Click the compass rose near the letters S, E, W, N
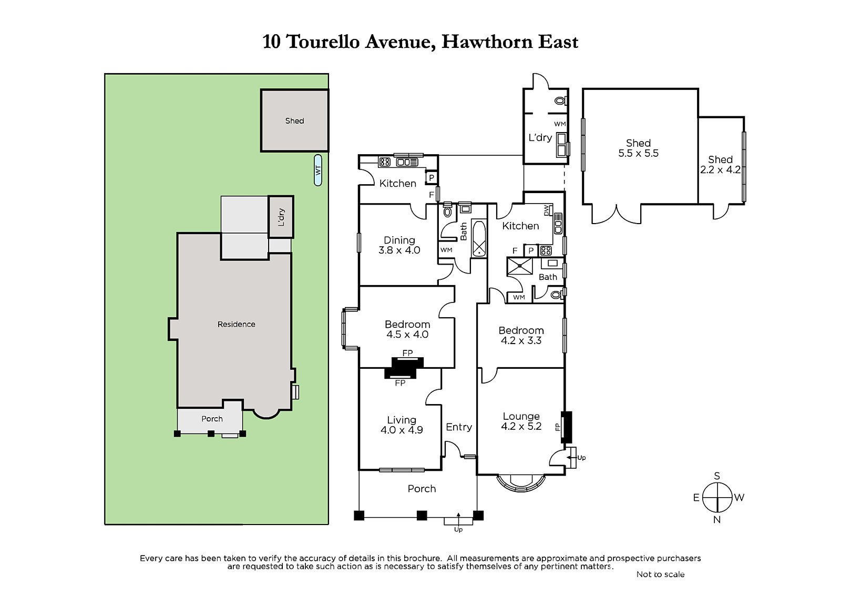pos(717,498)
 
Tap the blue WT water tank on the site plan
pos(318,170)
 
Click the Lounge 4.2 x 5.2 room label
pos(521,421)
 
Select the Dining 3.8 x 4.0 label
pos(399,245)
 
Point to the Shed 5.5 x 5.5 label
pos(638,148)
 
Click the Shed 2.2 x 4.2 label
pos(720,165)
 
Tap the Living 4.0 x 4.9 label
pos(402,425)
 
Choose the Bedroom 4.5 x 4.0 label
pos(407,329)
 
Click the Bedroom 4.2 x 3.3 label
pos(521,335)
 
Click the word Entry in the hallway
pos(459,427)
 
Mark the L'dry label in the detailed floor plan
pos(540,138)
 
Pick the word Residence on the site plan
pos(236,325)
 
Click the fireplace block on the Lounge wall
pos(567,427)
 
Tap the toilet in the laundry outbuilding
pos(561,100)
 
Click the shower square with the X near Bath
pos(520,266)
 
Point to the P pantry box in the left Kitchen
pos(432,178)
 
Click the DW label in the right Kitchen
pos(547,210)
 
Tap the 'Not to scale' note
pos(660,574)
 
